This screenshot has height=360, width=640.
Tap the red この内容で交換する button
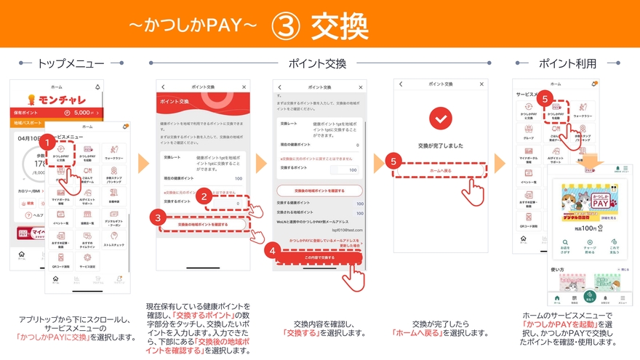point(319,257)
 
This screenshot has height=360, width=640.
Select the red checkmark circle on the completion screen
point(440,119)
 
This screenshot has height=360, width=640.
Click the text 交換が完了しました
point(441,145)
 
